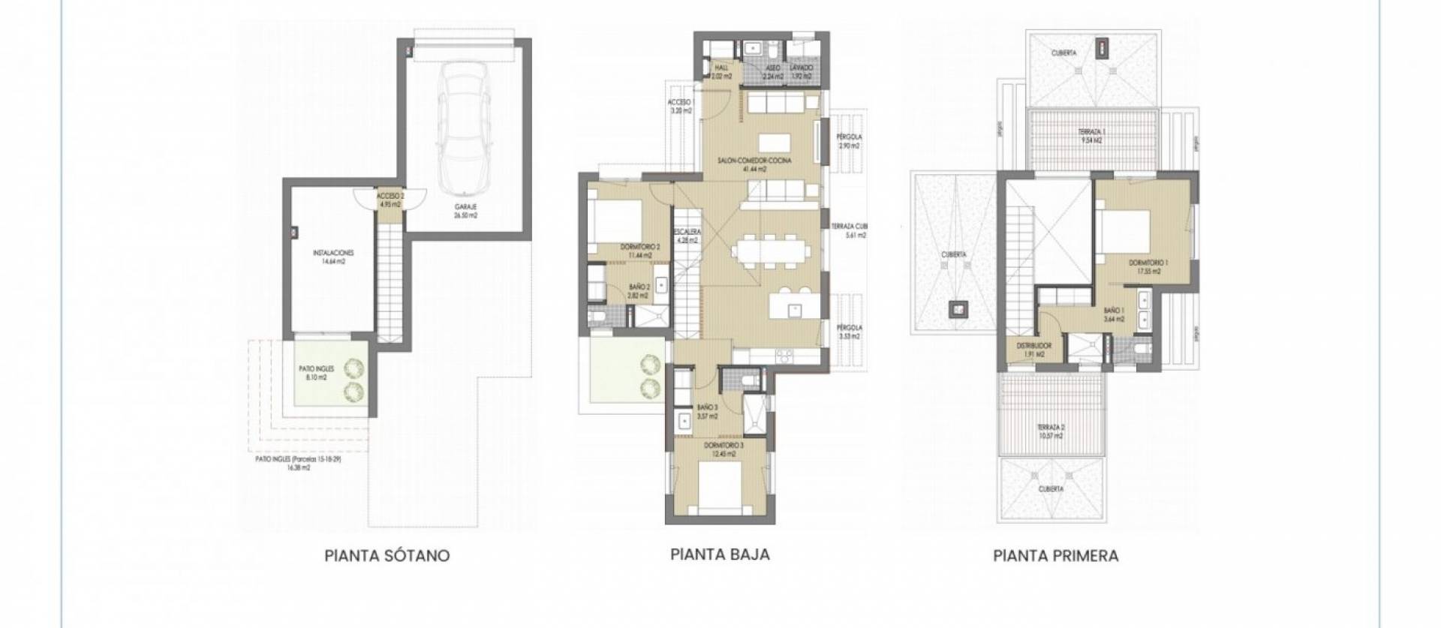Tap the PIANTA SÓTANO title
387,556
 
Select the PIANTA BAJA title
720,554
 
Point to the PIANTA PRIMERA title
1055,556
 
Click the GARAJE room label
465,207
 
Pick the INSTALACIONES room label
333,253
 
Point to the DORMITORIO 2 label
639,247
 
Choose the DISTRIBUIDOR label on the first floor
1034,346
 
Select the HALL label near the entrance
721,68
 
